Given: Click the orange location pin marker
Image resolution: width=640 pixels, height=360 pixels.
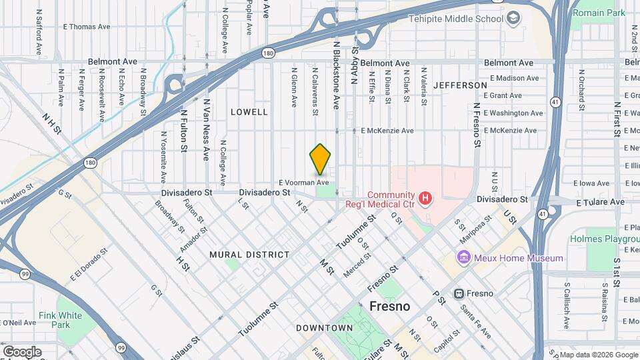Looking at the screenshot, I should pos(321,159).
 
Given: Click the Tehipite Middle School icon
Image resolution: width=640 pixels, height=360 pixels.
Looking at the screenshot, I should pos(513,18).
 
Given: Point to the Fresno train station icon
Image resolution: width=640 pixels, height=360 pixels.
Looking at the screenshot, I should pos(459,293).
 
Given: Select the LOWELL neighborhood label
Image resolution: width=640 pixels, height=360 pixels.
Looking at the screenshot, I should pos(249,112).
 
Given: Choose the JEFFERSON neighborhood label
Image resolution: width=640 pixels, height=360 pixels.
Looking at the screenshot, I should pos(460,85).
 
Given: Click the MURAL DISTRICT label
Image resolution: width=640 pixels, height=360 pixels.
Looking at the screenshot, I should pos(249,255).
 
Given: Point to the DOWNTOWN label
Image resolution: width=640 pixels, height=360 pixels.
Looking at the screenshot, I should pos(324,328).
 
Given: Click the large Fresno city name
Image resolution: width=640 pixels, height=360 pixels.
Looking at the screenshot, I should pos(390,307).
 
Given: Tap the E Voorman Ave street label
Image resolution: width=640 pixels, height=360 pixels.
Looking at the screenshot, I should pos(304,182).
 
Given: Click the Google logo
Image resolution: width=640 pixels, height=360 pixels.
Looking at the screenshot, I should pos(22,351).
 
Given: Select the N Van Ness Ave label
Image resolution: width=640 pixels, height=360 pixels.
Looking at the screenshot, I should pos(207,130).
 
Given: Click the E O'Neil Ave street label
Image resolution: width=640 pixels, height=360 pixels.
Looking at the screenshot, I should pos(18,322).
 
